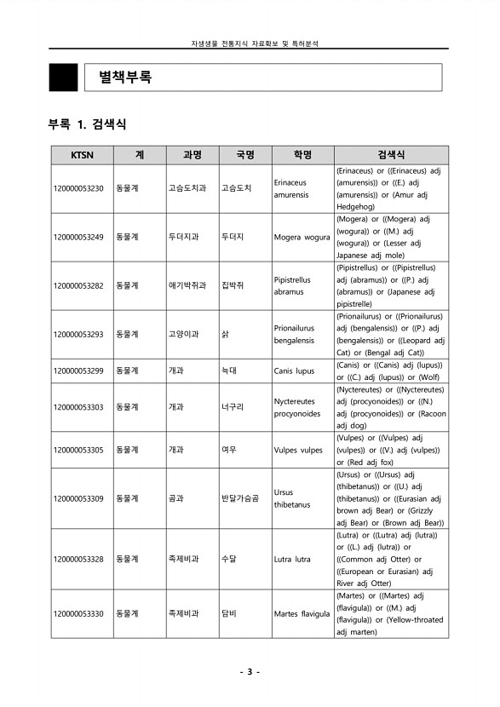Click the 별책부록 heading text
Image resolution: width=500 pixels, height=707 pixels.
tap(125, 78)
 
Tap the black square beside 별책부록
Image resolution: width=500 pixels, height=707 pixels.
tap(63, 78)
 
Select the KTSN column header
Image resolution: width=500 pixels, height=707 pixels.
tap(78, 155)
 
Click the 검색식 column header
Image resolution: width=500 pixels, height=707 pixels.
tap(390, 155)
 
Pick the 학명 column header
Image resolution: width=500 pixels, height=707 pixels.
tap(302, 155)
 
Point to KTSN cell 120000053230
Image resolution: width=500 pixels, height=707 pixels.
tap(78, 188)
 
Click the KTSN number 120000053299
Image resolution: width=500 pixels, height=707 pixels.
tap(78, 371)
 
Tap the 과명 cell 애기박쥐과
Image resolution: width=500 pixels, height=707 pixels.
tap(187, 285)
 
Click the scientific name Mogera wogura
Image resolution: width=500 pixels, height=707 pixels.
tap(302, 237)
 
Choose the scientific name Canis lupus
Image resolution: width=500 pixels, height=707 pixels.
tap(294, 371)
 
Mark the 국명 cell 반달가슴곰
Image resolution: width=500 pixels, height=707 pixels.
tap(239, 498)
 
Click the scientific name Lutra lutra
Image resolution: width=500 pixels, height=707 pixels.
tap(292, 559)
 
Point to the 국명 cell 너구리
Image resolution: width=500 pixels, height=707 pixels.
tap(232, 407)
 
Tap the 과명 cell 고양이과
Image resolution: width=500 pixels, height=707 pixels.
tap(183, 334)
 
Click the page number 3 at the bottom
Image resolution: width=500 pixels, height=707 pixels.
tap(250, 672)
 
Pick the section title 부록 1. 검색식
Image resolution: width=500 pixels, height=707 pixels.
tap(88, 124)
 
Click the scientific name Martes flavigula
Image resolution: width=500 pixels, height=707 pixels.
tap(302, 613)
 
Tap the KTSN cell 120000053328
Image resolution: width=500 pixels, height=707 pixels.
tap(78, 559)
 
